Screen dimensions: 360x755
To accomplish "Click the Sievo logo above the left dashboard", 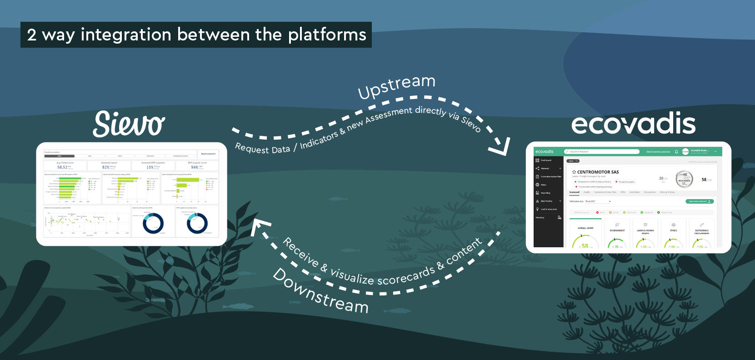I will [x=129, y=124].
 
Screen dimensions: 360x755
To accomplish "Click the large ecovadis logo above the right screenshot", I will [x=633, y=124].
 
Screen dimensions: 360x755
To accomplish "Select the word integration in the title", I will [x=126, y=35].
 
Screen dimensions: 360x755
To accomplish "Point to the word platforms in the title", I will [x=327, y=35].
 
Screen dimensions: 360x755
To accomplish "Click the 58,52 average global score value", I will [x=62, y=167].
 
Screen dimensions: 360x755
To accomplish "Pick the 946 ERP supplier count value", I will [x=195, y=167].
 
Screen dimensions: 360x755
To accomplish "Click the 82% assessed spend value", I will [x=105, y=167].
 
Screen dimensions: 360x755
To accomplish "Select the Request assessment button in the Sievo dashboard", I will [x=208, y=154].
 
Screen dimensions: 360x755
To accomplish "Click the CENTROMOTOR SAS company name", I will [x=598, y=172].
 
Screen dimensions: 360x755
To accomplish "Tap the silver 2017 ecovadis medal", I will [x=684, y=180].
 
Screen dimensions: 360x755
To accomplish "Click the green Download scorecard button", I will [x=700, y=201].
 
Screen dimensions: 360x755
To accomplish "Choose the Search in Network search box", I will [x=601, y=151].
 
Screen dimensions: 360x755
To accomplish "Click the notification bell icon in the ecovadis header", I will [x=676, y=151].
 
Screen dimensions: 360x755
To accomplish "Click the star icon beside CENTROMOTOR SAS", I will [x=574, y=172].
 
